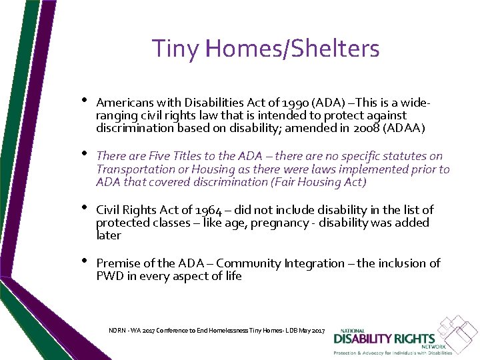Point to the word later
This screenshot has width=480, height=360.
tap(109, 235)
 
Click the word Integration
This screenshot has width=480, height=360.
tap(314, 263)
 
